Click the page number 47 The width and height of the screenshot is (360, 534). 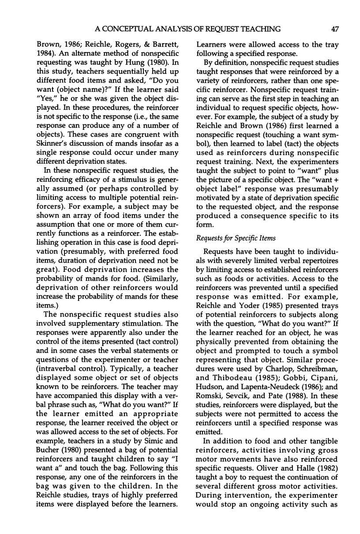point(334,30)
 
